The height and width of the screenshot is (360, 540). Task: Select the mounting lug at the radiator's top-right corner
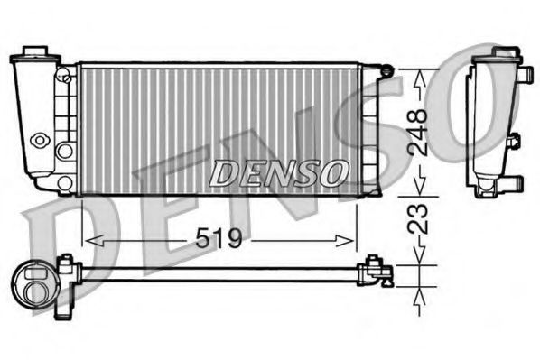(386, 69)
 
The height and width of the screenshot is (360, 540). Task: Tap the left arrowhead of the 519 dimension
(88, 240)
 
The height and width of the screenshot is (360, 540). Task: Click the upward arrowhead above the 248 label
(417, 77)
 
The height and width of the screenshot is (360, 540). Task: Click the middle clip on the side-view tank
(514, 143)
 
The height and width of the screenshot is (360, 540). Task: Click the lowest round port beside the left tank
(64, 183)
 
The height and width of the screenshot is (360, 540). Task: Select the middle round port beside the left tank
(64, 150)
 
